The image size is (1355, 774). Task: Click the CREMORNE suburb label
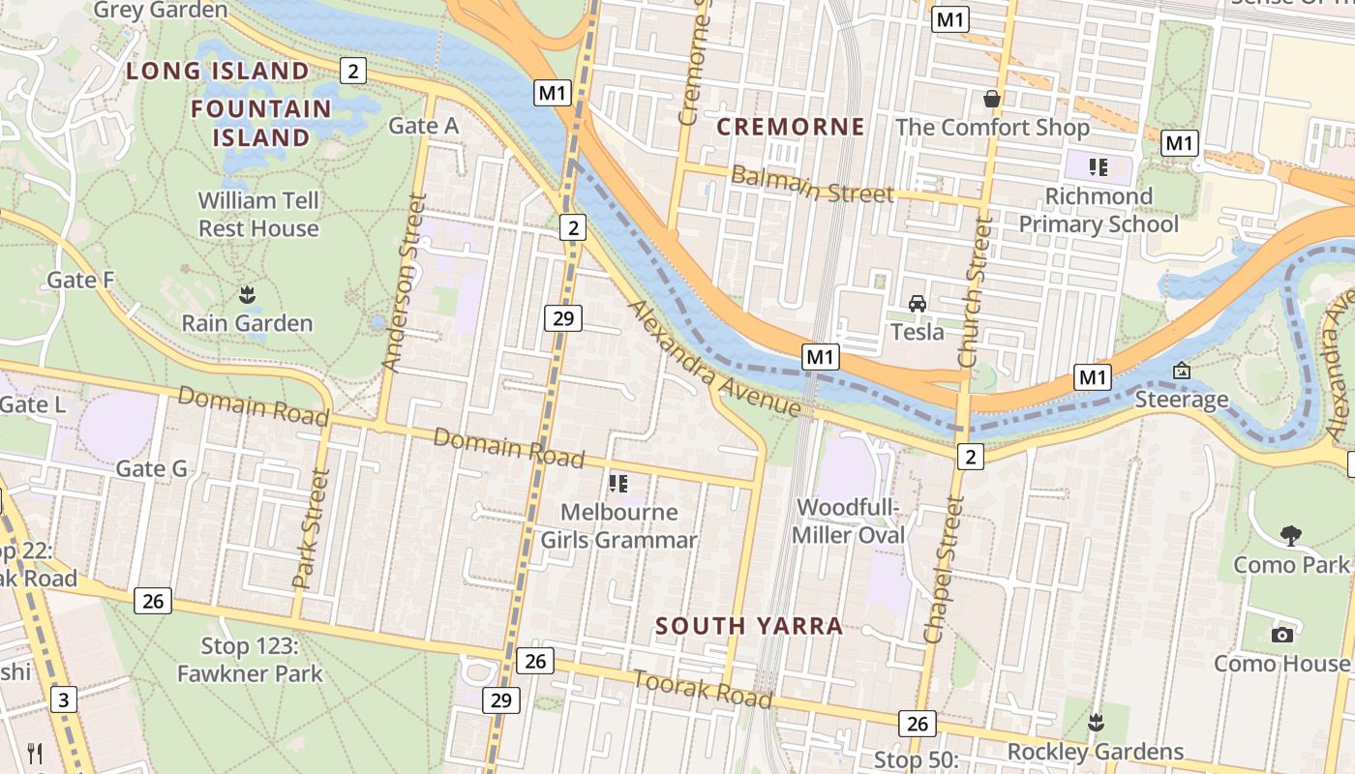[x=791, y=127]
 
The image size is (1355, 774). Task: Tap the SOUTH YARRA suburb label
[x=748, y=626]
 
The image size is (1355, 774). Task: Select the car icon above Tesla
[x=917, y=304]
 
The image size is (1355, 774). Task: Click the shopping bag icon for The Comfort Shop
[x=992, y=98]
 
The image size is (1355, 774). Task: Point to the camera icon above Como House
[x=1282, y=635]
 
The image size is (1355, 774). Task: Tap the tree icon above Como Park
[x=1290, y=535]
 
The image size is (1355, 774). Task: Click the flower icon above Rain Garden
[x=247, y=293]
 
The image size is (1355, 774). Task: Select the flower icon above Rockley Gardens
[x=1096, y=722]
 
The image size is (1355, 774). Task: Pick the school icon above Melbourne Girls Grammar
[x=618, y=483]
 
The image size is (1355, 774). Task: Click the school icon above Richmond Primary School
[x=1099, y=167]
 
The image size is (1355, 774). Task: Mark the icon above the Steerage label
[x=1181, y=371]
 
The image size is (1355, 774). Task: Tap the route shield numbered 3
[x=63, y=700]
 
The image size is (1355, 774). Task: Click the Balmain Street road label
[x=812, y=185]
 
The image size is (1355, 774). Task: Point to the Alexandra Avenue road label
[x=715, y=360]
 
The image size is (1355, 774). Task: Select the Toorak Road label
[x=703, y=687]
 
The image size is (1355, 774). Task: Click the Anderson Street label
[x=405, y=283]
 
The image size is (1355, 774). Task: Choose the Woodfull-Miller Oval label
[x=849, y=521]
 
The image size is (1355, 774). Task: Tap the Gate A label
[x=423, y=126]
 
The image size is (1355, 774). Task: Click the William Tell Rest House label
[x=258, y=215]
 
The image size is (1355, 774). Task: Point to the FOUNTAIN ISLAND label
[x=261, y=123]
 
